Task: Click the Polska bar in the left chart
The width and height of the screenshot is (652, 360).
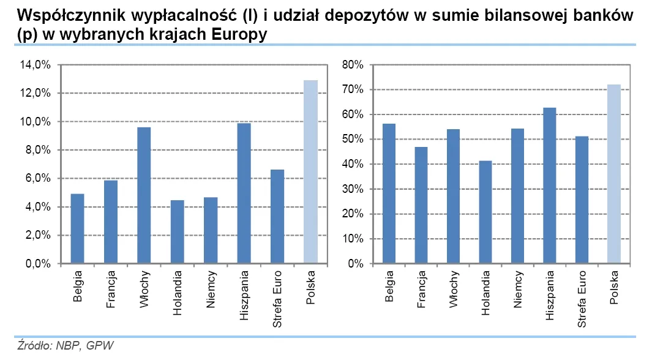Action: pyautogui.click(x=310, y=172)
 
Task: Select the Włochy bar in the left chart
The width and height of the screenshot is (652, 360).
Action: pyautogui.click(x=144, y=195)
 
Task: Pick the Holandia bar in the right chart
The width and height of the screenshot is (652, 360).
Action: pyautogui.click(x=484, y=212)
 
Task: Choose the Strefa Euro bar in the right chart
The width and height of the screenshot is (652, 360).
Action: pyautogui.click(x=582, y=200)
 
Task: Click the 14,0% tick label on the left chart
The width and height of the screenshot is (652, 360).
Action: pyautogui.click(x=37, y=65)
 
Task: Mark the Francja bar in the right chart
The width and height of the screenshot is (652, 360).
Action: pyautogui.click(x=421, y=205)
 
